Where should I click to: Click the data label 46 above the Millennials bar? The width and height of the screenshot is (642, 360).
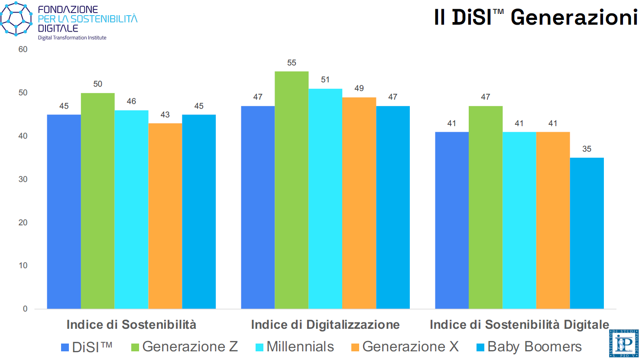pos(131,101)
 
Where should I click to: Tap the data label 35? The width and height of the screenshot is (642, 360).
pos(587,149)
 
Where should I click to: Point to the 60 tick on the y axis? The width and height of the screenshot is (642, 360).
pos(23,49)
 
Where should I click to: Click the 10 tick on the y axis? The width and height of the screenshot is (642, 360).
pos(23,266)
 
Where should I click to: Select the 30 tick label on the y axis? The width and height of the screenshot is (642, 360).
pos(23,179)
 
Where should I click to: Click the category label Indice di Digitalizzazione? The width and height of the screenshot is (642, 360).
pos(325,325)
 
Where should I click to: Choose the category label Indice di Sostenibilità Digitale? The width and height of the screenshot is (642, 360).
pos(519,325)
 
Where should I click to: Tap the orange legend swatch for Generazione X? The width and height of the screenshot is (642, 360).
pos(355,347)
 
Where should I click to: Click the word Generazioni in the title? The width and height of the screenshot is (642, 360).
pos(574,18)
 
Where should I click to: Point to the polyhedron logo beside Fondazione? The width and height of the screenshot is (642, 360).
pos(16,18)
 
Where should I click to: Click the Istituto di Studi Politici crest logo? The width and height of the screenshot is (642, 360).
pos(624,344)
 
